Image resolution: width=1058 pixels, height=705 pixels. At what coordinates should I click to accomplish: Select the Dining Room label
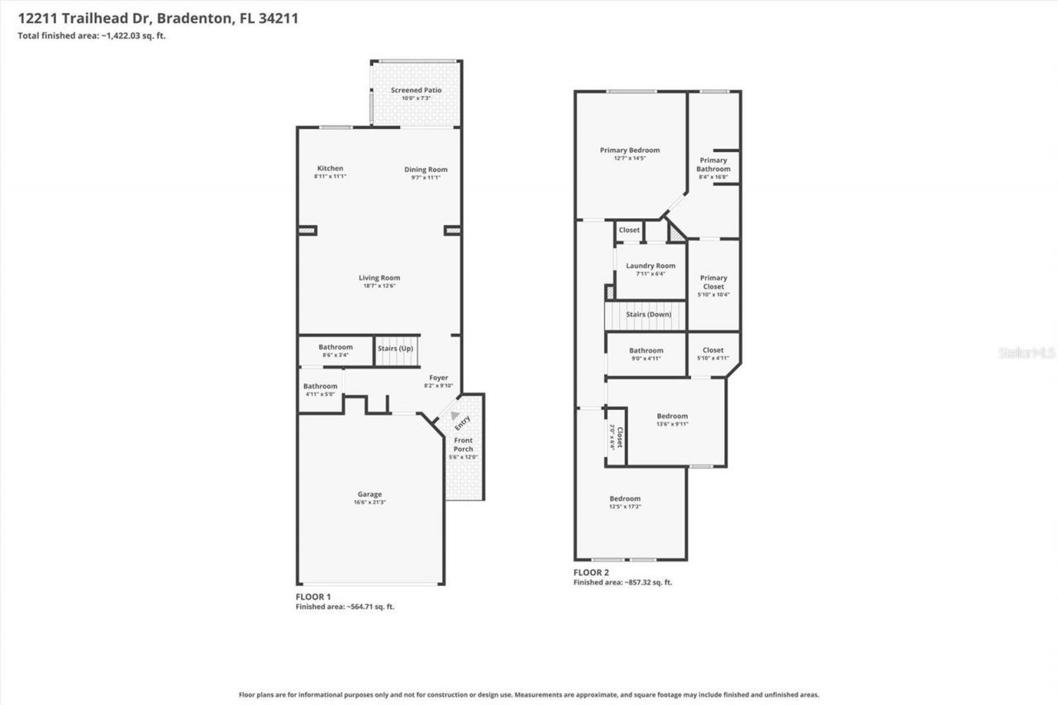(426, 169)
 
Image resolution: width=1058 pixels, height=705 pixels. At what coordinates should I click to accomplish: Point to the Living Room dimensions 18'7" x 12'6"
(379, 287)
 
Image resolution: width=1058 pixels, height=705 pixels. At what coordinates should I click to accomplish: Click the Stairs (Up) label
(395, 349)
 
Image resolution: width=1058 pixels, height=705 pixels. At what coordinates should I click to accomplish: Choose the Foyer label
(438, 378)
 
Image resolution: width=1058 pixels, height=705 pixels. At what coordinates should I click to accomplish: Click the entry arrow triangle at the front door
(455, 416)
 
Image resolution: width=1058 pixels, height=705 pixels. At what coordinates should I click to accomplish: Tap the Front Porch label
(463, 445)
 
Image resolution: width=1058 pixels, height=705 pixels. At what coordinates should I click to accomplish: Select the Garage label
(369, 494)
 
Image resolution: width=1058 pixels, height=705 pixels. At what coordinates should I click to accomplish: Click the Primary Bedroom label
(630, 150)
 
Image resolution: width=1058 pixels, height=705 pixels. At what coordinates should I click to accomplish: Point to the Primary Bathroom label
(713, 164)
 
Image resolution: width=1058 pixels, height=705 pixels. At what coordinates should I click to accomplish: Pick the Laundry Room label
(651, 266)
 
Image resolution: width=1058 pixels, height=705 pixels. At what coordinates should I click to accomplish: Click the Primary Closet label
(713, 282)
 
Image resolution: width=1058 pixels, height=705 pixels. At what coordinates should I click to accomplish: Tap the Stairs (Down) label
(649, 314)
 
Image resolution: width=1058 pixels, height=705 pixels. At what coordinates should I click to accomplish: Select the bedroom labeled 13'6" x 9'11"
(672, 417)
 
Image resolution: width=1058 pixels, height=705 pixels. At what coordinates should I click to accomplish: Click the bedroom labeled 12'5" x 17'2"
(625, 498)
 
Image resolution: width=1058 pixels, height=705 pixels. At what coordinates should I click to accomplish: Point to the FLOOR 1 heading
(313, 596)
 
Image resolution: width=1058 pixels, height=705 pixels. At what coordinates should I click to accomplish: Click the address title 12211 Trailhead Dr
(158, 17)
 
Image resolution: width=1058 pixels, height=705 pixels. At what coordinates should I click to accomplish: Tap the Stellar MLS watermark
(1027, 353)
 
